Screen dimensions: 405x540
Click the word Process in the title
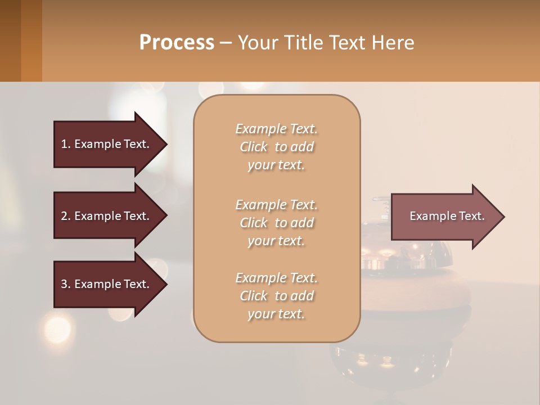(x=177, y=43)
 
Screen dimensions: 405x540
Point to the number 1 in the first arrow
(x=64, y=144)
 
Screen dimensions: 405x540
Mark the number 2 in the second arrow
(x=64, y=216)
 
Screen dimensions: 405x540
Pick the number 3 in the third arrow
(x=64, y=284)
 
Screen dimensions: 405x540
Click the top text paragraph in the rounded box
(x=276, y=147)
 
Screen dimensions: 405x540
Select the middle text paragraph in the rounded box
(x=276, y=223)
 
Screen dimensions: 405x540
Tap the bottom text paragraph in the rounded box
(x=276, y=296)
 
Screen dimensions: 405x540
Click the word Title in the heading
(x=301, y=43)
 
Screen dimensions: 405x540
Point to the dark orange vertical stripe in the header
(x=31, y=40)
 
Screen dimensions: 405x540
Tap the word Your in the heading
(x=256, y=43)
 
